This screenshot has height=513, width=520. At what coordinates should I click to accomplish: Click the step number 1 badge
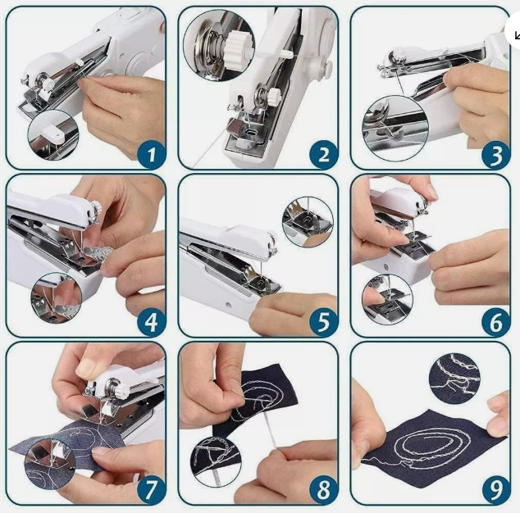(151, 152)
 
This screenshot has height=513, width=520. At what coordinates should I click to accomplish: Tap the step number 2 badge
(323, 152)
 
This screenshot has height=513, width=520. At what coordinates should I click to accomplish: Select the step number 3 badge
(495, 152)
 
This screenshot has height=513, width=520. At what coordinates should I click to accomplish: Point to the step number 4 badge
(151, 321)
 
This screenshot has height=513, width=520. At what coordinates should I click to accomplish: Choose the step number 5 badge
(323, 321)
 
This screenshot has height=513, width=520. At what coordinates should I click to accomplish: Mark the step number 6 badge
(495, 321)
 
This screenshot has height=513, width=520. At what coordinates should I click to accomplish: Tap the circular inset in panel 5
(307, 222)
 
